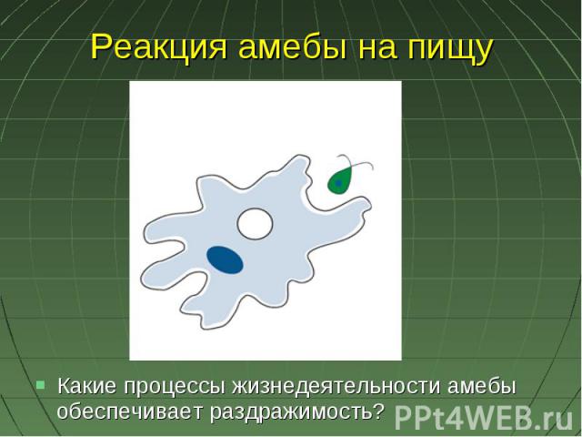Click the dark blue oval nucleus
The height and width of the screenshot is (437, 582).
[225, 259]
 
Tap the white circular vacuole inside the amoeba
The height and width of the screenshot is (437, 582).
[255, 224]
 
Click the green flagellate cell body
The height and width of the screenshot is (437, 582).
[339, 181]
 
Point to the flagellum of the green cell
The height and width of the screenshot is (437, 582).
[356, 163]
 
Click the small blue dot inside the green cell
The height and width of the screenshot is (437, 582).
[338, 183]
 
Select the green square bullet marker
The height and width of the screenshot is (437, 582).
[40, 384]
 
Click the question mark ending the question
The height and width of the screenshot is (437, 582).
[377, 411]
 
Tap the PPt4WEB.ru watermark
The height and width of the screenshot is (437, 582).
[484, 419]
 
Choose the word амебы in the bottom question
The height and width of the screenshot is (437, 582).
[481, 386]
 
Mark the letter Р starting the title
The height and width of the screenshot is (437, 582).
[101, 47]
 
